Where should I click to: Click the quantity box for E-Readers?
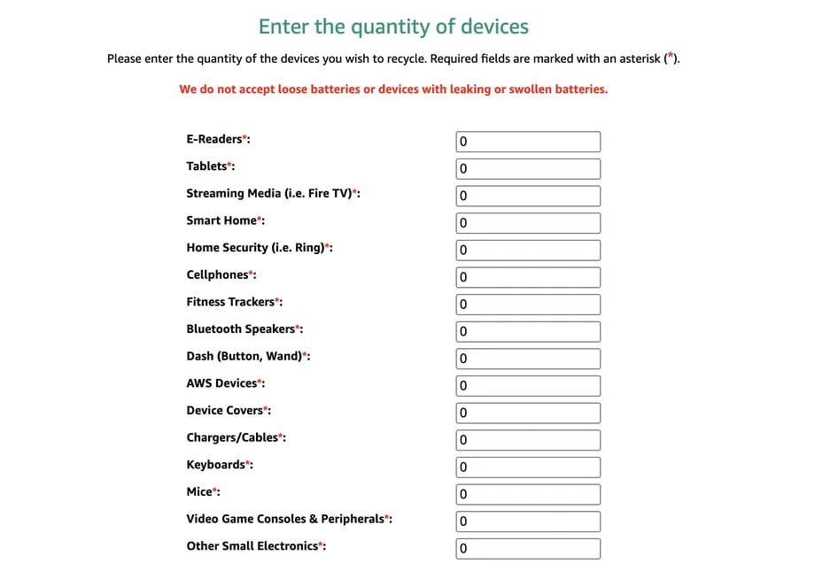click(x=528, y=142)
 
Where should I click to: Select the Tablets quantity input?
click(x=528, y=169)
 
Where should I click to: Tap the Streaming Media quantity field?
click(x=528, y=196)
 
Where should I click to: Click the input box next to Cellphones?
click(x=528, y=277)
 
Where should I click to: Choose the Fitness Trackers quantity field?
click(x=528, y=305)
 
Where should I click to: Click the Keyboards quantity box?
click(x=528, y=467)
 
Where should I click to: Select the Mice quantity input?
click(x=528, y=494)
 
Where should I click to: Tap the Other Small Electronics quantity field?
click(x=528, y=549)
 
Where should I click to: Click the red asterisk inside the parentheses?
click(x=671, y=58)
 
